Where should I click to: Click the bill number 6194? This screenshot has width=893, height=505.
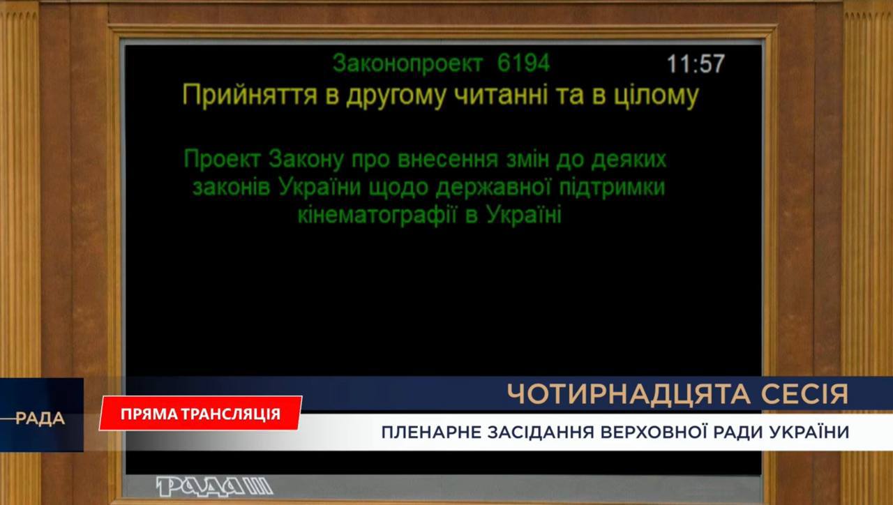coord(523,63)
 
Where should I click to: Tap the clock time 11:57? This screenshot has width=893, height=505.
coord(696,63)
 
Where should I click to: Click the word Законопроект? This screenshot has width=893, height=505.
coord(408,63)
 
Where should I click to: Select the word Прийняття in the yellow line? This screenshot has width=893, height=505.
coord(250,96)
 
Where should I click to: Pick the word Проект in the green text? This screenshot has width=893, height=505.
coord(223,160)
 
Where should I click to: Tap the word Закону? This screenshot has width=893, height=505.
coord(306,160)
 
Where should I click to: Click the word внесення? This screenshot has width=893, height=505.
coord(448,160)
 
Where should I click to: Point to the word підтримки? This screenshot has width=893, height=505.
coord(612,188)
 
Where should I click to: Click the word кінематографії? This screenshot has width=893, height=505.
coord(377,216)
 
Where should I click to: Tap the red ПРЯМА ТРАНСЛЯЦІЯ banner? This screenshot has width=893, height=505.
coord(200,414)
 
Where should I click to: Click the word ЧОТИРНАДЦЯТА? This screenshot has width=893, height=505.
coord(630,394)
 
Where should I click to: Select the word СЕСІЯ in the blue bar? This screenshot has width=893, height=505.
coord(805,394)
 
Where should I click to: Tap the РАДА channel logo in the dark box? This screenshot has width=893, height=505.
coord(40,419)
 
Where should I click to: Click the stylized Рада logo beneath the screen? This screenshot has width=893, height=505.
coord(214,487)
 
